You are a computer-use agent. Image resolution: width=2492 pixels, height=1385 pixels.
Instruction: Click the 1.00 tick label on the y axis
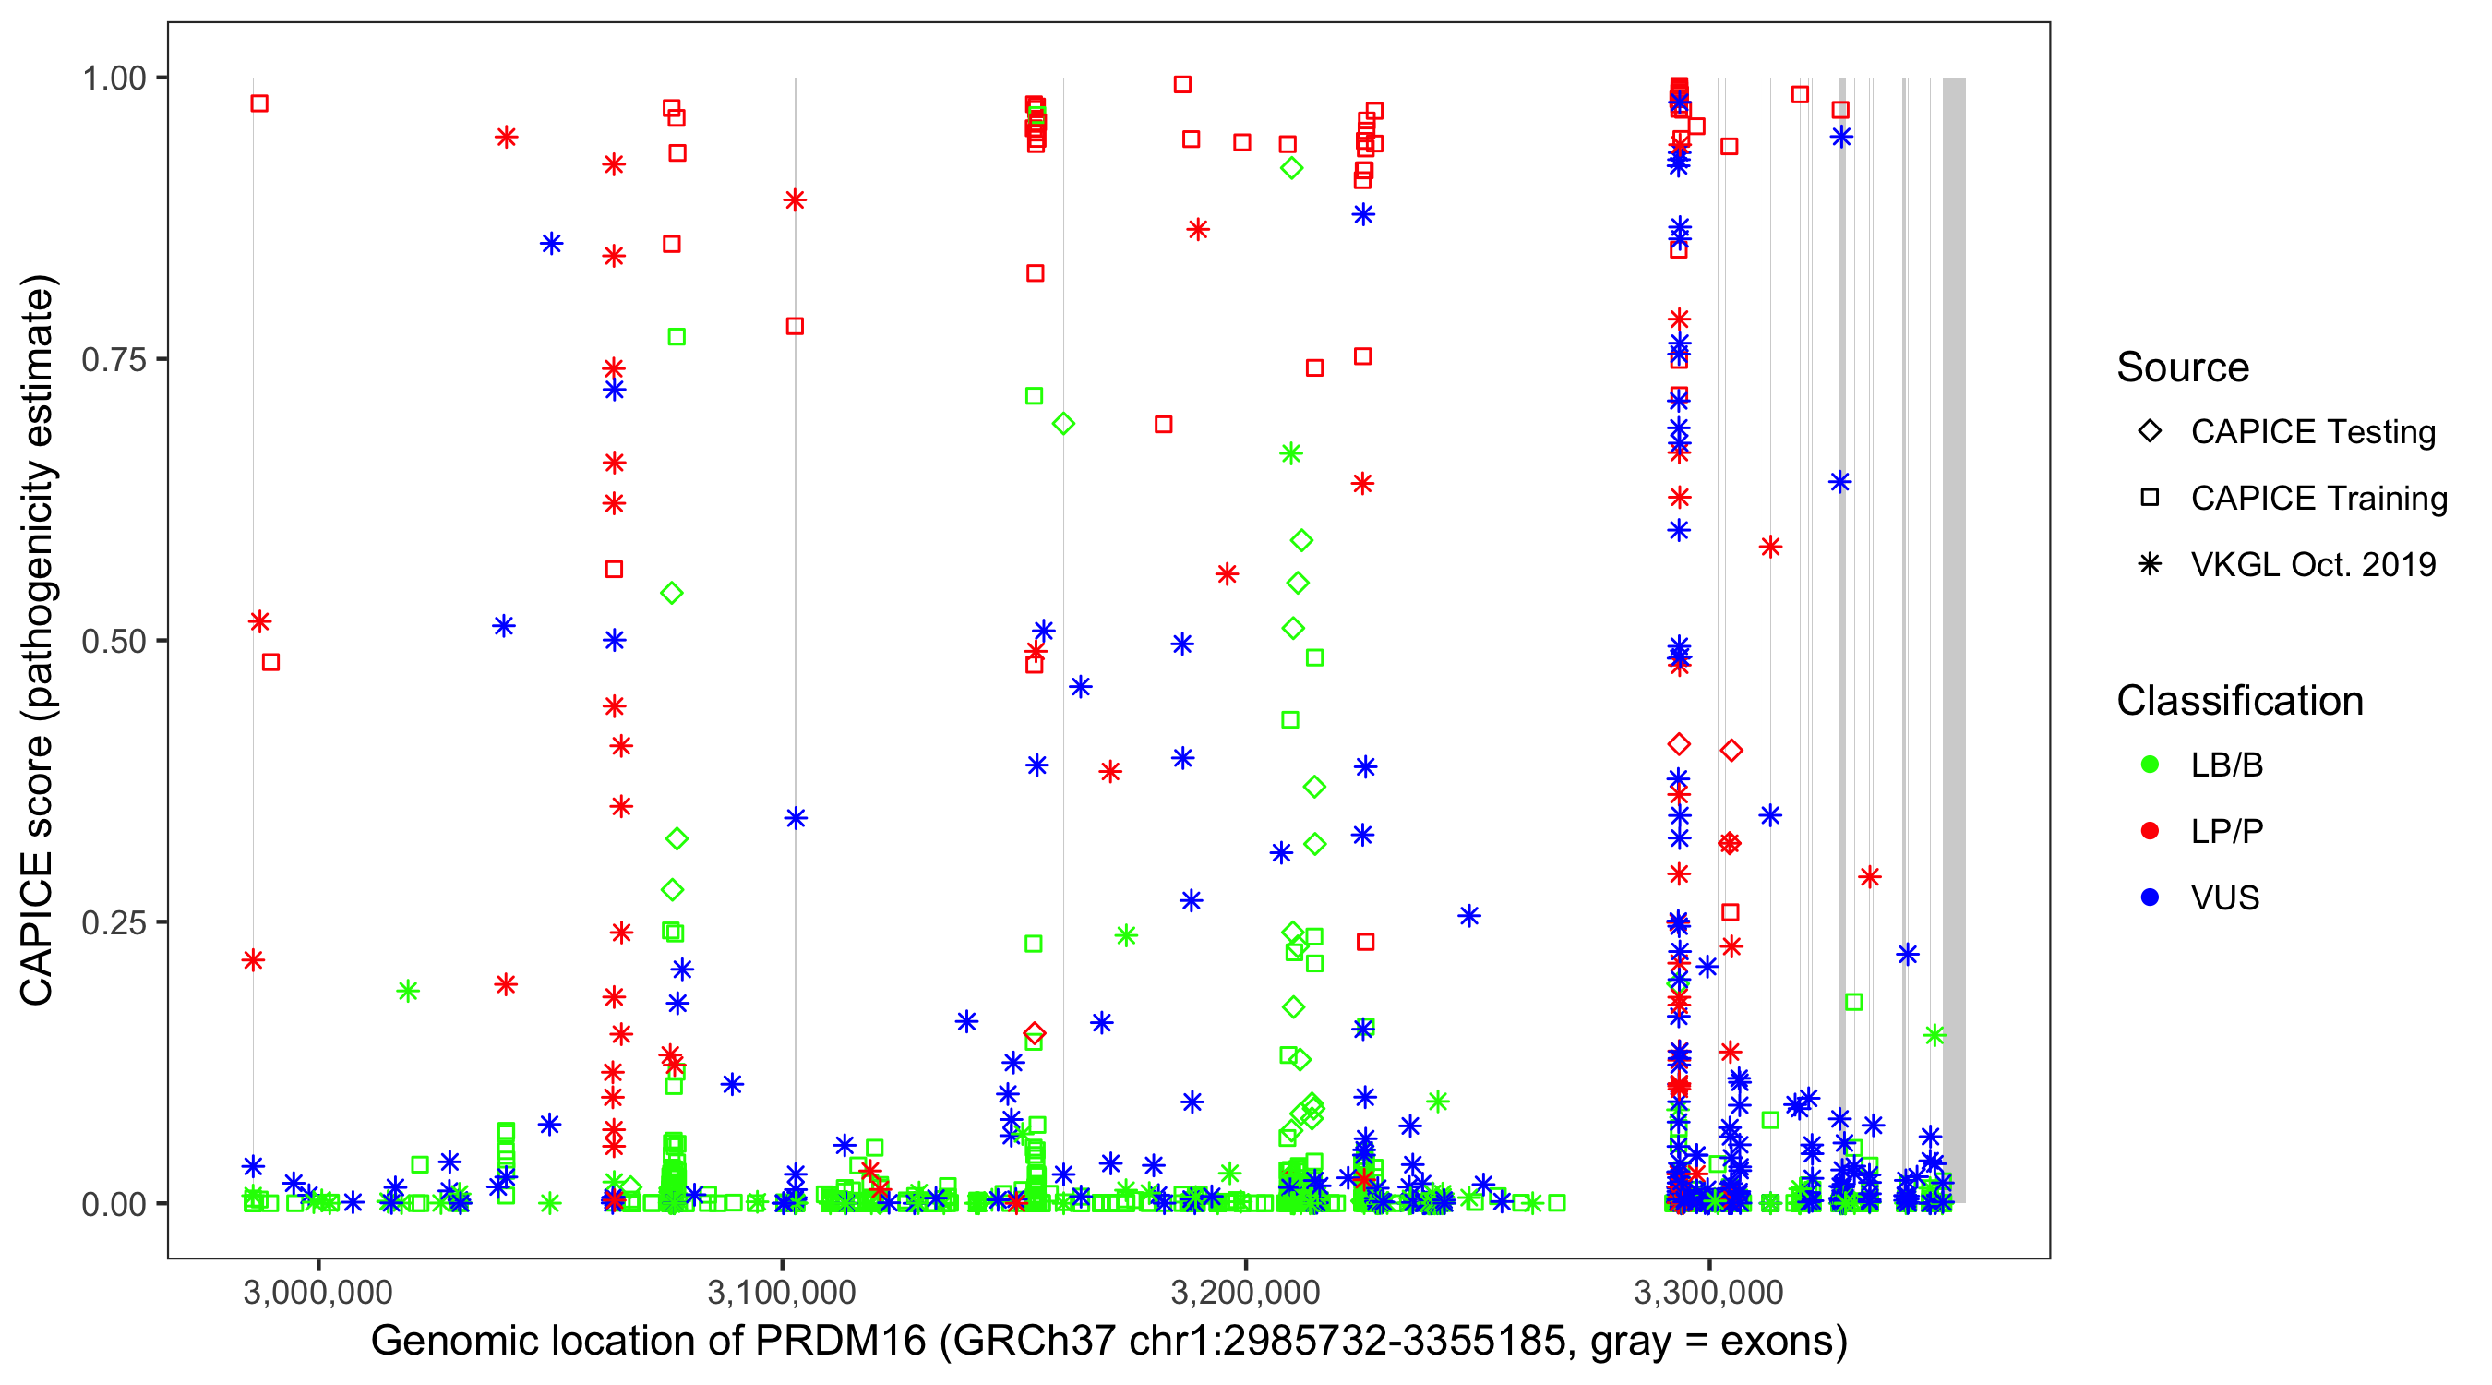coord(114,78)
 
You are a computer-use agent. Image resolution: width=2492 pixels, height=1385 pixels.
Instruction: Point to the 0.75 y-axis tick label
coord(114,360)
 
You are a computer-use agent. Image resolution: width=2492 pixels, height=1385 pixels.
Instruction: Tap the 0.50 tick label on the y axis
coord(114,641)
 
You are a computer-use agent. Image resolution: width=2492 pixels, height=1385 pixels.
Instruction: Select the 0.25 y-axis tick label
coord(114,922)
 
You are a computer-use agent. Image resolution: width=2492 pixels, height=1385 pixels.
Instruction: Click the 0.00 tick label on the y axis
coord(114,1204)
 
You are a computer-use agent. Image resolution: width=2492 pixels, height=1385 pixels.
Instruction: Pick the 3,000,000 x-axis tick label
coord(318,1292)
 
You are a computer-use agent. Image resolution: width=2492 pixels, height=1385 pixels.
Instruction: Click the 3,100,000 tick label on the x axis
coord(782,1292)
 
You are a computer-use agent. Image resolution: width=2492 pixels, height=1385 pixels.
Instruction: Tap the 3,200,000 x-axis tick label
coord(1245,1292)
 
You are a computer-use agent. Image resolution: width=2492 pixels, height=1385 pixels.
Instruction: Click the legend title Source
coord(2183,367)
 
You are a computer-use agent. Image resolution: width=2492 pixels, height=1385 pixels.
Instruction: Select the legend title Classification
coord(2239,701)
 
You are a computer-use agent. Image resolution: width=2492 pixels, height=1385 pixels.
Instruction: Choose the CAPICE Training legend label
coord(2318,499)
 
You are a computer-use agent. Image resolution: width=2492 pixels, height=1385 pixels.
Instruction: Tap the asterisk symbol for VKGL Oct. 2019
coord(2150,564)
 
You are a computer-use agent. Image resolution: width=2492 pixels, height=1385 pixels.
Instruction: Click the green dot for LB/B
coord(2150,765)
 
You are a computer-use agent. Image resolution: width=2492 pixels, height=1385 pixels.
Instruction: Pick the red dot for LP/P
coord(2150,831)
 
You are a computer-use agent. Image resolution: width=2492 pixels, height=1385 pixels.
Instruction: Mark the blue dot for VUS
coord(2150,898)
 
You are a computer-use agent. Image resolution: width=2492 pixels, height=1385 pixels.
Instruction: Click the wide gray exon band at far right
coord(1954,639)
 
